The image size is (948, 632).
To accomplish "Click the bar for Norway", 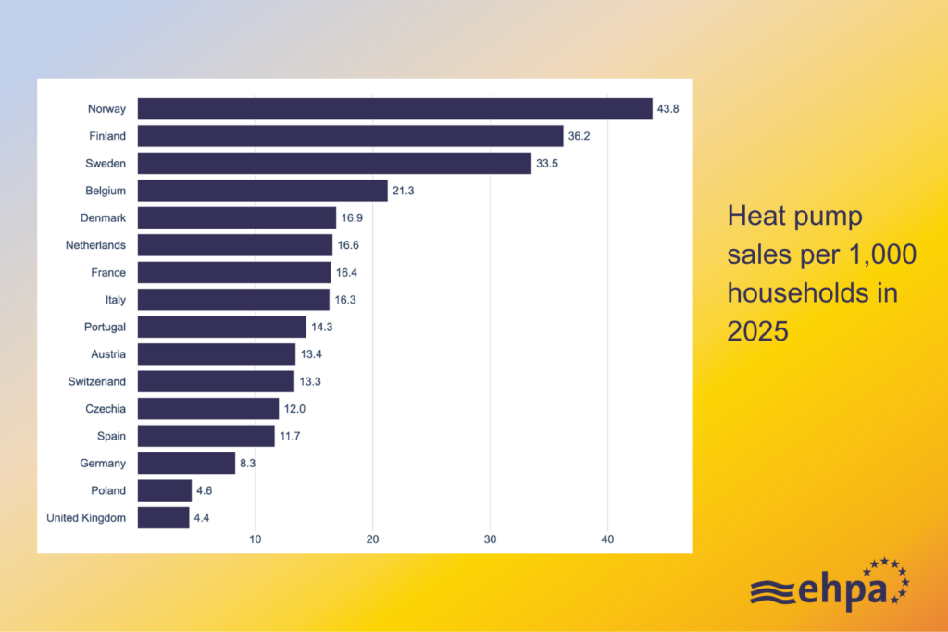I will [x=394, y=109].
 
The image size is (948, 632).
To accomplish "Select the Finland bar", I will [x=350, y=136].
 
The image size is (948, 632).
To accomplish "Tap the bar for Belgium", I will [x=262, y=191].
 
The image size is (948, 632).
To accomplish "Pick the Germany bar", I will [x=186, y=463].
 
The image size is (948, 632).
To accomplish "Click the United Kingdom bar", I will [x=163, y=517].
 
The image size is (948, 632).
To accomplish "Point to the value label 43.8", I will [x=668, y=109].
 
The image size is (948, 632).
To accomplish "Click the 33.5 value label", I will [x=547, y=164].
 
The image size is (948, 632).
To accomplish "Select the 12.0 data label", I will [x=294, y=409].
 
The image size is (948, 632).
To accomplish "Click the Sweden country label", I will [x=106, y=164].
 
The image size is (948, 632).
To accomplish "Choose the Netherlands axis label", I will [x=95, y=245].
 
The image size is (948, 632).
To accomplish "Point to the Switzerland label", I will [x=96, y=381].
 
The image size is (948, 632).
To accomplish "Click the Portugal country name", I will [x=105, y=327].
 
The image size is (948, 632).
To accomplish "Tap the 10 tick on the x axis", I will [x=256, y=539].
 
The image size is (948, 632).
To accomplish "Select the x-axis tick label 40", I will [x=607, y=539].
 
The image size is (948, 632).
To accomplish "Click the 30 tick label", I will [x=491, y=539].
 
